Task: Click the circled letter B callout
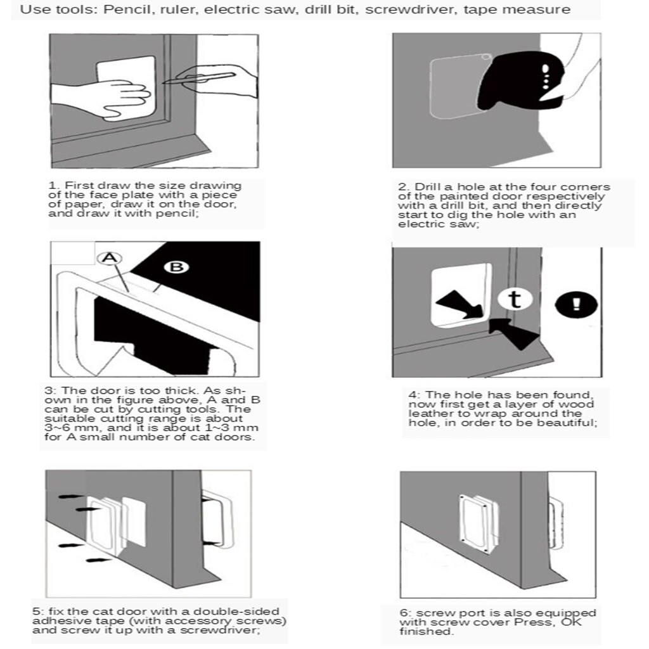coord(177,267)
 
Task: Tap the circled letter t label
coord(515,299)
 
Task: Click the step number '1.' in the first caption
coord(54,186)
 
